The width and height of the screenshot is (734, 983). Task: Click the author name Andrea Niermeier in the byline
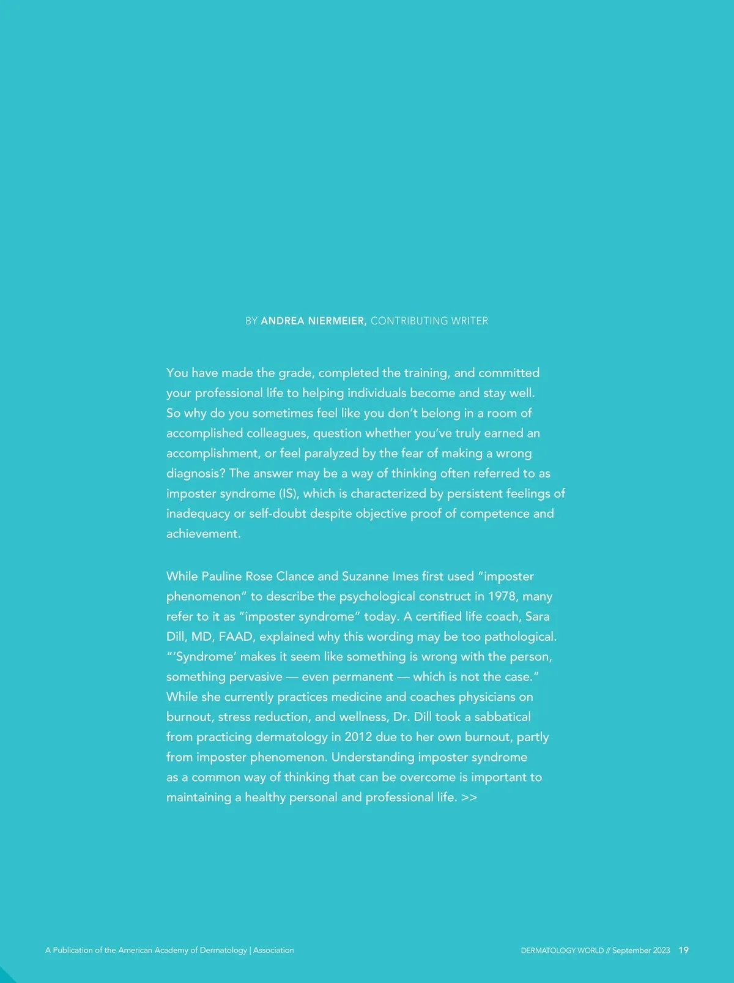pos(313,321)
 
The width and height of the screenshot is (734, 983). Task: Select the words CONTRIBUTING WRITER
pos(429,321)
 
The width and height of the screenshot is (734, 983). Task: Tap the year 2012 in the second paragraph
pos(358,737)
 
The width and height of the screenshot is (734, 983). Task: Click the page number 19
pos(684,950)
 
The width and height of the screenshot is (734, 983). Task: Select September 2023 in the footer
pos(641,951)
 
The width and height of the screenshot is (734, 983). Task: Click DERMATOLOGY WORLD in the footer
pos(562,951)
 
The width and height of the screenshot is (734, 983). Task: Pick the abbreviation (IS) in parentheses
pos(289,493)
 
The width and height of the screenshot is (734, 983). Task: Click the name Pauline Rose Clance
pos(258,576)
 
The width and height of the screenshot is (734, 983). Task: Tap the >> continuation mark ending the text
pos(469,797)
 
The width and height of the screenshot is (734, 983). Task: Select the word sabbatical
pos(502,717)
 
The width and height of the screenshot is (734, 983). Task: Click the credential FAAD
pos(235,637)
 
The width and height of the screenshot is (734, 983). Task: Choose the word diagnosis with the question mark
pos(196,473)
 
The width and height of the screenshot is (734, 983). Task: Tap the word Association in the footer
pos(273,950)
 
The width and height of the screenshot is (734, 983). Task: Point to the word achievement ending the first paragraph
pos(203,534)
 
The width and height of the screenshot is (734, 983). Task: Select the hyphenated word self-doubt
pos(278,514)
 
